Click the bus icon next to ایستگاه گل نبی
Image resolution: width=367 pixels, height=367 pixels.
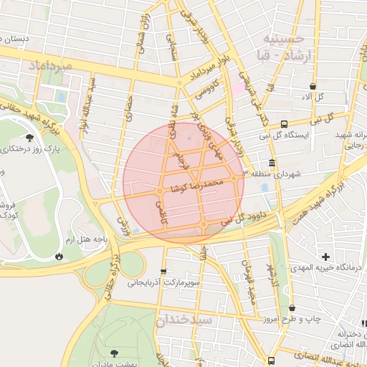click(x=285, y=123)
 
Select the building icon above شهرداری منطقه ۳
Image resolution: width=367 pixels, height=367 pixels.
click(x=272, y=163)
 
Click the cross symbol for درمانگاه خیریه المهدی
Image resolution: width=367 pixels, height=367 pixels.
click(x=325, y=256)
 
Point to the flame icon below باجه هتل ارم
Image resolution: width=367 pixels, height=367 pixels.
click(x=58, y=256)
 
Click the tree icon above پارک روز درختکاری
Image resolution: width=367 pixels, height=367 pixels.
click(x=29, y=138)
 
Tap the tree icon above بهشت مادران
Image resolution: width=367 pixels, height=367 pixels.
click(x=114, y=353)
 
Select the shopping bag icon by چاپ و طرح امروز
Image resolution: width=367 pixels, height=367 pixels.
click(x=292, y=308)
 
